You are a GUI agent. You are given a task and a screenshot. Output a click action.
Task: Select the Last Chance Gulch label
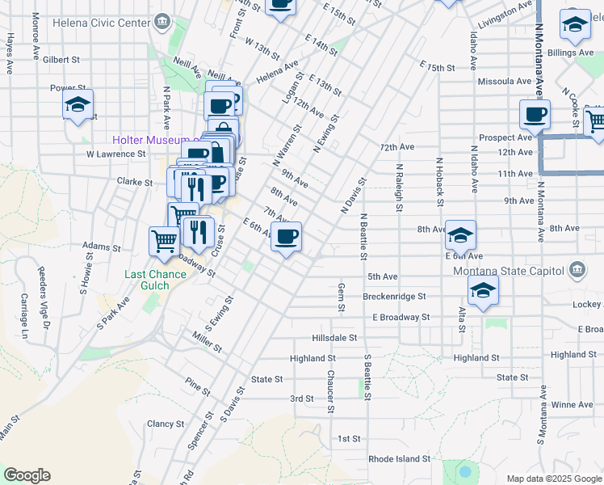155,280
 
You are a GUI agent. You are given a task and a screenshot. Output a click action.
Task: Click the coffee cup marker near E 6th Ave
286,237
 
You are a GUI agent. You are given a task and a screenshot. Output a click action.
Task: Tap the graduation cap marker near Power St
78,104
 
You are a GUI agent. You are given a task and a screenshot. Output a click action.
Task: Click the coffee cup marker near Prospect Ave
535,115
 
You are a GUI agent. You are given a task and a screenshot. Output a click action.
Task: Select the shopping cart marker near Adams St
164,240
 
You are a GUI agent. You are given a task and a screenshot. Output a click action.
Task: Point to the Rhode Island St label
399,458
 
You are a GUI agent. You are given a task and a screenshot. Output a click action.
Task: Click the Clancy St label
166,423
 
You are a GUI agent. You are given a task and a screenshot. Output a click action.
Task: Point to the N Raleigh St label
399,188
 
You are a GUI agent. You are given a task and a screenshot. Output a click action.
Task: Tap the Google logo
27,475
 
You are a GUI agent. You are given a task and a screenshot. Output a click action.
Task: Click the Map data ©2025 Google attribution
553,479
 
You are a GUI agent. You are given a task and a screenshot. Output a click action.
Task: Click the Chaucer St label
330,392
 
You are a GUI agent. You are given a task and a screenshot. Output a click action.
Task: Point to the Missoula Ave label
505,81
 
